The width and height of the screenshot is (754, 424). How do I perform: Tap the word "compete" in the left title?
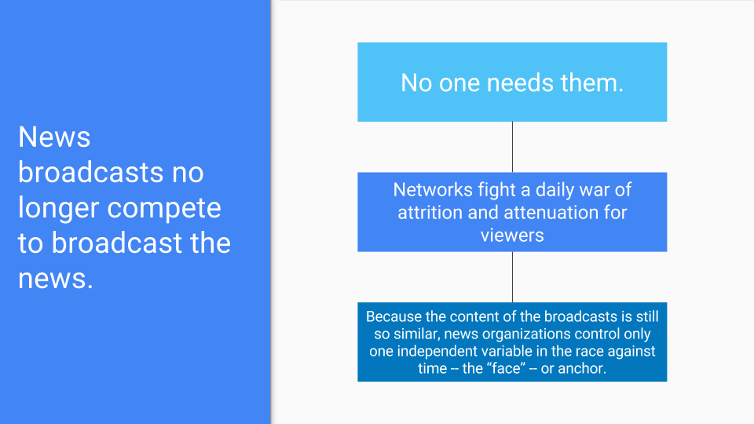[164, 209]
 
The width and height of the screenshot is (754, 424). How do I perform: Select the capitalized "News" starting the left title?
[54, 137]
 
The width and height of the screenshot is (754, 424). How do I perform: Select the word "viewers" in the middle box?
[512, 236]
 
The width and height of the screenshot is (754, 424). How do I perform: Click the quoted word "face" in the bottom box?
[507, 368]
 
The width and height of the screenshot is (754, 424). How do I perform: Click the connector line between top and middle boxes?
[512, 147]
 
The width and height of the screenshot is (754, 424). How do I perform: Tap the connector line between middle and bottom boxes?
[512, 277]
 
